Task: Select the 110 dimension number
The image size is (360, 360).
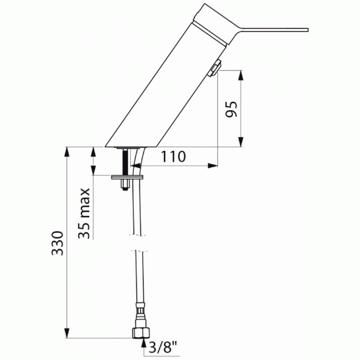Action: (x=173, y=157)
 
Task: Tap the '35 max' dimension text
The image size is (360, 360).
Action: (x=84, y=213)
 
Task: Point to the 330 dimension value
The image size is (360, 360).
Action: (x=58, y=243)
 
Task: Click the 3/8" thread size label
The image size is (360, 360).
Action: (x=163, y=348)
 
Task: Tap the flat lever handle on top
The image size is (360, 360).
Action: (x=266, y=29)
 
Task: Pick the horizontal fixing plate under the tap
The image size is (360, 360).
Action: (x=127, y=177)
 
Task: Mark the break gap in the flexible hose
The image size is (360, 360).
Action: (x=138, y=243)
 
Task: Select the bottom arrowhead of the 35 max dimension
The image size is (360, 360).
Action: (x=94, y=171)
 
